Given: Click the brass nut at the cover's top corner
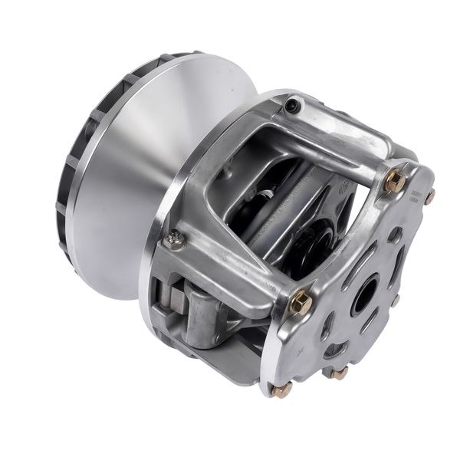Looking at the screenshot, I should [x=395, y=182].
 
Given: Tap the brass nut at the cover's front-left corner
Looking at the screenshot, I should [x=301, y=304].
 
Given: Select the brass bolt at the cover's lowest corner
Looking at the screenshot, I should [x=281, y=390].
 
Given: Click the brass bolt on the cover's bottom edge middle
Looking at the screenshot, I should [x=338, y=373].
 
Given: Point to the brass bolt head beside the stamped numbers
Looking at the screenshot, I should [x=430, y=196].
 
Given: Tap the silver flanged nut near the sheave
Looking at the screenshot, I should [x=176, y=241].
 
